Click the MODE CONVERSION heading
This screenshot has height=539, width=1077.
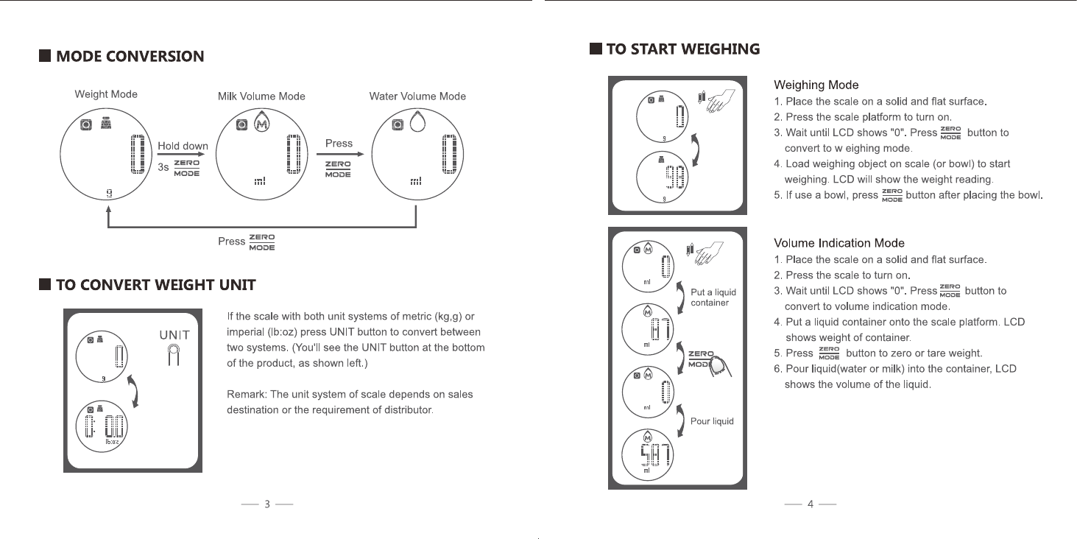click(130, 57)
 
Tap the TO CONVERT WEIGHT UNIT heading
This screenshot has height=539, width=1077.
click(155, 285)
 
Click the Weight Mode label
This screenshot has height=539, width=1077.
click(106, 94)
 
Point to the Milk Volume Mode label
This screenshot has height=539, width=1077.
click(261, 96)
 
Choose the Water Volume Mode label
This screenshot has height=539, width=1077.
click(417, 96)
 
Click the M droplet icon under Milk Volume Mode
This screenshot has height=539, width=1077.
click(261, 124)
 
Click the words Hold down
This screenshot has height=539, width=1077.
click(183, 146)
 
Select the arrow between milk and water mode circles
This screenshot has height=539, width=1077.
click(345, 155)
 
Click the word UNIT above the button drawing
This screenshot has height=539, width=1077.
click(174, 335)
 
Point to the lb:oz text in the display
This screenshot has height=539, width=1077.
click(113, 440)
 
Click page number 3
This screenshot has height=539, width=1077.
click(267, 504)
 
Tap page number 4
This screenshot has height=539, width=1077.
click(810, 504)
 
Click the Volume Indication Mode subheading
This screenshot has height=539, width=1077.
click(839, 243)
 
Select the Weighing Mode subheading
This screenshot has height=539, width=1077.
click(816, 85)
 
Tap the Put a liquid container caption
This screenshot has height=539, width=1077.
click(713, 297)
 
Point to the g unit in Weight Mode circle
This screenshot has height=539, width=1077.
click(109, 194)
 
